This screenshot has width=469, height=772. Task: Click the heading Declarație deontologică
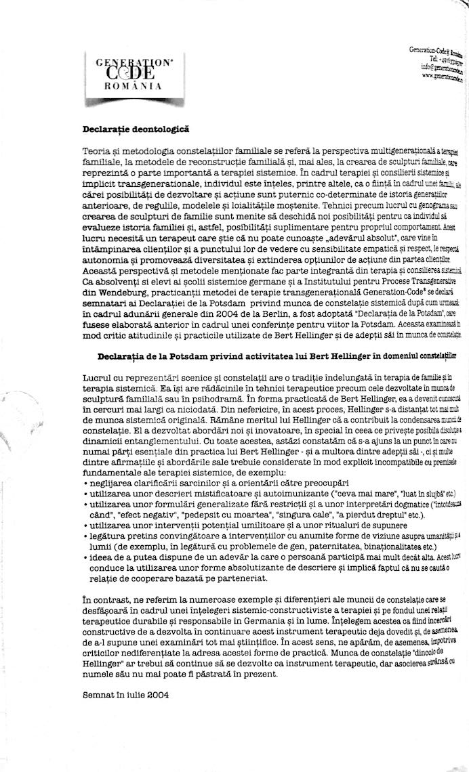[x=136, y=129]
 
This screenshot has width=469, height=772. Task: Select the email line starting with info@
[x=439, y=68]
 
